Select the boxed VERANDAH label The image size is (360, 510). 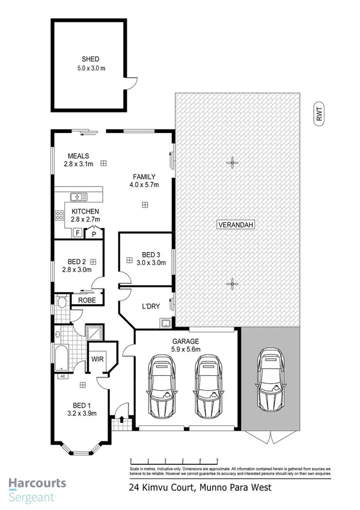click(232, 226)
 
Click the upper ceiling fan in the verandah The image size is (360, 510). click(231, 161)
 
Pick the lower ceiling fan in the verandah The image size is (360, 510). click(231, 283)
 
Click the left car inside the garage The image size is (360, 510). click(160, 385)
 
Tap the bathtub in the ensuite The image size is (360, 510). click(62, 359)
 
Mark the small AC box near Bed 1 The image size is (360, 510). click(61, 377)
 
